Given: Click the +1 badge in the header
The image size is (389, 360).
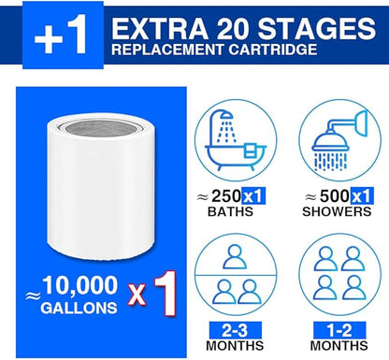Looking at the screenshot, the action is click(x=63, y=36).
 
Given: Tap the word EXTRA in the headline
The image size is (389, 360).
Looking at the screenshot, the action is click(x=160, y=29).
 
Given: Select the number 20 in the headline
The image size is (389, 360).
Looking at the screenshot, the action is click(x=233, y=29).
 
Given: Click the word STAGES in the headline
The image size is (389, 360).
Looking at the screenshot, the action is click(x=317, y=29).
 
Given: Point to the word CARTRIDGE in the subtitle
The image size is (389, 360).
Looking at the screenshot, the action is click(x=273, y=50).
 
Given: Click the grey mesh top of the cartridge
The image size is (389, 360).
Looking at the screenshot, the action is click(x=96, y=127).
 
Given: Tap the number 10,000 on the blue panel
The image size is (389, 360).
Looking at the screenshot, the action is click(x=80, y=285).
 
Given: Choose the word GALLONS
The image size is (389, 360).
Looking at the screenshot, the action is click(x=79, y=309).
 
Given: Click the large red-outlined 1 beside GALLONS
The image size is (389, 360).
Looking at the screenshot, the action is click(x=165, y=294).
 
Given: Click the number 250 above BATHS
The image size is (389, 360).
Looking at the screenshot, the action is click(x=226, y=195).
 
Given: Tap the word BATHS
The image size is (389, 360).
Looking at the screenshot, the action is click(x=230, y=211).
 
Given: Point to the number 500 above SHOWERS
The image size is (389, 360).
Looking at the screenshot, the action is click(x=335, y=195).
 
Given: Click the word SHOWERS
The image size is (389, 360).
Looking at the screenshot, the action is click(x=337, y=211).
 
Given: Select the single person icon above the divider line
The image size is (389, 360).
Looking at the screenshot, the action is click(x=235, y=257).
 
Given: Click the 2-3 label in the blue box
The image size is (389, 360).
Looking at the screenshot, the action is click(x=236, y=330).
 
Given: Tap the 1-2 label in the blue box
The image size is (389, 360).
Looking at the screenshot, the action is click(x=339, y=330).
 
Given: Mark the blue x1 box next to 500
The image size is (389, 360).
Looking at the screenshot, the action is click(x=362, y=196).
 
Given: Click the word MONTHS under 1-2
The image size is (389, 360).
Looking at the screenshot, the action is click(x=339, y=346).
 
